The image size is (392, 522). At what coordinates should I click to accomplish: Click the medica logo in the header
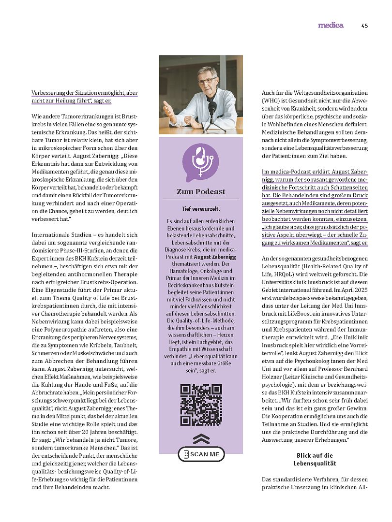(x=331, y=25)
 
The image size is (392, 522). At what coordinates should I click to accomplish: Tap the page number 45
(x=364, y=26)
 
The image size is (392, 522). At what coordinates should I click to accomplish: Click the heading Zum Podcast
(x=201, y=191)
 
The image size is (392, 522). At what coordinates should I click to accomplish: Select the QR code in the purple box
(x=201, y=405)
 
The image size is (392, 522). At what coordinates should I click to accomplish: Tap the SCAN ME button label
(x=205, y=454)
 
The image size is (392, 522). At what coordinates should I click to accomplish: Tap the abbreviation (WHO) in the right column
(x=272, y=101)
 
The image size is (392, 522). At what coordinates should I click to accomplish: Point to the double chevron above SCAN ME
(x=200, y=439)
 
